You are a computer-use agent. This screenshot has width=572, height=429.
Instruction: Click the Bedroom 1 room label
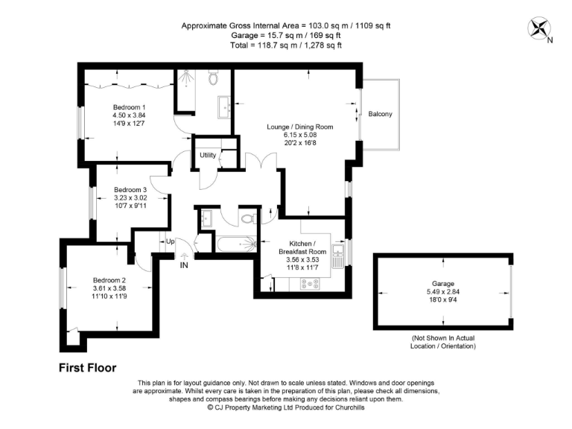click(x=129, y=107)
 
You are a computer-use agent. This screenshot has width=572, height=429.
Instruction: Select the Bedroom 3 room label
click(x=130, y=190)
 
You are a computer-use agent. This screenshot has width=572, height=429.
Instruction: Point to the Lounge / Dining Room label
click(x=300, y=127)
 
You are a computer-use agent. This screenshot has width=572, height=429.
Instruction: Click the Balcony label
click(x=380, y=114)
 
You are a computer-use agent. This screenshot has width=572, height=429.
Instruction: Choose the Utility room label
click(x=207, y=155)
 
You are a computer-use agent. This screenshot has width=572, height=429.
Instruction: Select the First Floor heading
click(x=88, y=368)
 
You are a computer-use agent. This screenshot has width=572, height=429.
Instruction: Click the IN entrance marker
click(x=184, y=264)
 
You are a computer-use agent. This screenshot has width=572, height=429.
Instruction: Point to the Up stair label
click(x=170, y=241)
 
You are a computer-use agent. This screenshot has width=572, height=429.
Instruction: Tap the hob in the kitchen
click(x=309, y=283)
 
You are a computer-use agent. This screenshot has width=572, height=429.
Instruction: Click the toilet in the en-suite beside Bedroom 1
click(x=214, y=77)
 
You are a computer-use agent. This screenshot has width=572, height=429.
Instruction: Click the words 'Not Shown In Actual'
click(x=445, y=339)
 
